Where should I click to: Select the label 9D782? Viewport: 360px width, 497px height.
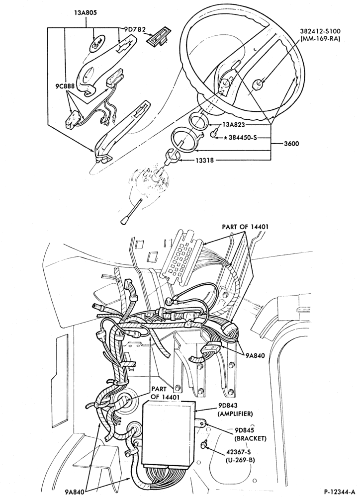pyautogui.click(x=133, y=29)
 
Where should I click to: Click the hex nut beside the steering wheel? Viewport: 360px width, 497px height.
pyautogui.click(x=258, y=84)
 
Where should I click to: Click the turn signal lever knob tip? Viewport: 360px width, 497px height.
pyautogui.click(x=124, y=221)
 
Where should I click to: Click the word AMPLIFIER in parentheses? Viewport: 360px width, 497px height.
pyautogui.click(x=235, y=414)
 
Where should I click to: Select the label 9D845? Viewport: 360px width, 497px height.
pyautogui.click(x=245, y=430)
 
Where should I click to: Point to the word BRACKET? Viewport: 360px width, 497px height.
pyautogui.click(x=250, y=439)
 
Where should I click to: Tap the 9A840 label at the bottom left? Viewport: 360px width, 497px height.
pyautogui.click(x=75, y=492)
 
